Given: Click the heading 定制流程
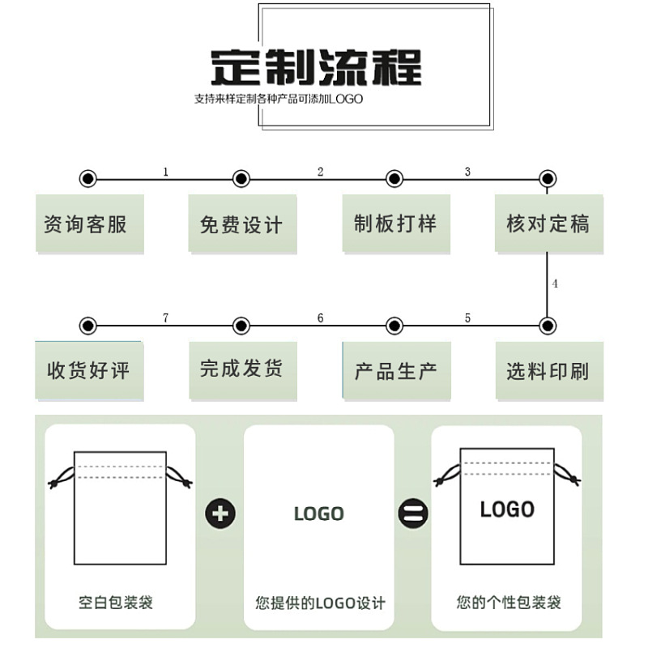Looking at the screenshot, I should click(316, 67).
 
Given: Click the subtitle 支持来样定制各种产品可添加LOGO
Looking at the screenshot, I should click(278, 100).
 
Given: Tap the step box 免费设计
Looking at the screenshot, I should click(241, 224).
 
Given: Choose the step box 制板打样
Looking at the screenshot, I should click(394, 224).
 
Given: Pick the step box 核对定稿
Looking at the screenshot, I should click(548, 224).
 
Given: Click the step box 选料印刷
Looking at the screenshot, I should click(548, 371).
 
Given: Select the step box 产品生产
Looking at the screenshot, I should click(394, 371).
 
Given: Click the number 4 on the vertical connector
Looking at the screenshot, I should click(555, 284).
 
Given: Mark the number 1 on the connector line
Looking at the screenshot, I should click(166, 172).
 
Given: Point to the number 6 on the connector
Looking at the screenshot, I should click(320, 318).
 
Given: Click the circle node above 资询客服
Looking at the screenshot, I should click(88, 179).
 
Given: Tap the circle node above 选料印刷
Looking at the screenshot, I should click(548, 326).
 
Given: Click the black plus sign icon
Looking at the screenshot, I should click(220, 513).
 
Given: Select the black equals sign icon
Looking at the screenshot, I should click(412, 513).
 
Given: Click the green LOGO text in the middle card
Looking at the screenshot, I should click(318, 514).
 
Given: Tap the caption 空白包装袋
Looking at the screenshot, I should click(116, 603).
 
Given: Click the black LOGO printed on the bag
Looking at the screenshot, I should click(507, 509).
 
